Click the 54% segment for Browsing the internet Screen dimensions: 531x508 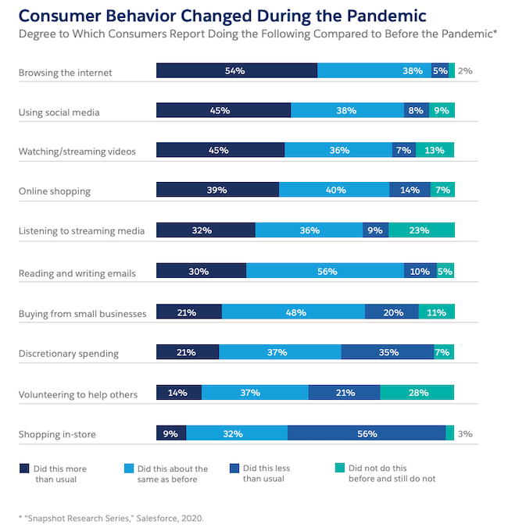tap(236, 70)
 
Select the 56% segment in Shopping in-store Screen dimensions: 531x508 tap(367, 433)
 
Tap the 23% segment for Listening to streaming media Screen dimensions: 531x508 tap(420, 230)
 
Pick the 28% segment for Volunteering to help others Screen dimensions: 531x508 tap(417, 393)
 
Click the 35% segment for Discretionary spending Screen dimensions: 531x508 tap(387, 352)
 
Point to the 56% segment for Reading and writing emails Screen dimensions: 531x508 tap(325, 271)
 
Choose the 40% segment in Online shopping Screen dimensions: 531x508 tap(334, 190)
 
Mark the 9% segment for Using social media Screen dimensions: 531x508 tap(442, 111)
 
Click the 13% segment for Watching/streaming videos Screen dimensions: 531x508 tap(435, 150)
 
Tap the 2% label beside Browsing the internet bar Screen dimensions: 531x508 tap(465, 70)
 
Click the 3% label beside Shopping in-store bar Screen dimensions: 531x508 tap(465, 433)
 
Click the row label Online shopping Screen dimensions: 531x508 tap(55, 191)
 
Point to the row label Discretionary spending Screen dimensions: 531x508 tap(69, 354)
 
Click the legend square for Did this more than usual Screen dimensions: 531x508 tap(24, 469)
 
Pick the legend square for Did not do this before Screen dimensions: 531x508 tap(338, 469)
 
